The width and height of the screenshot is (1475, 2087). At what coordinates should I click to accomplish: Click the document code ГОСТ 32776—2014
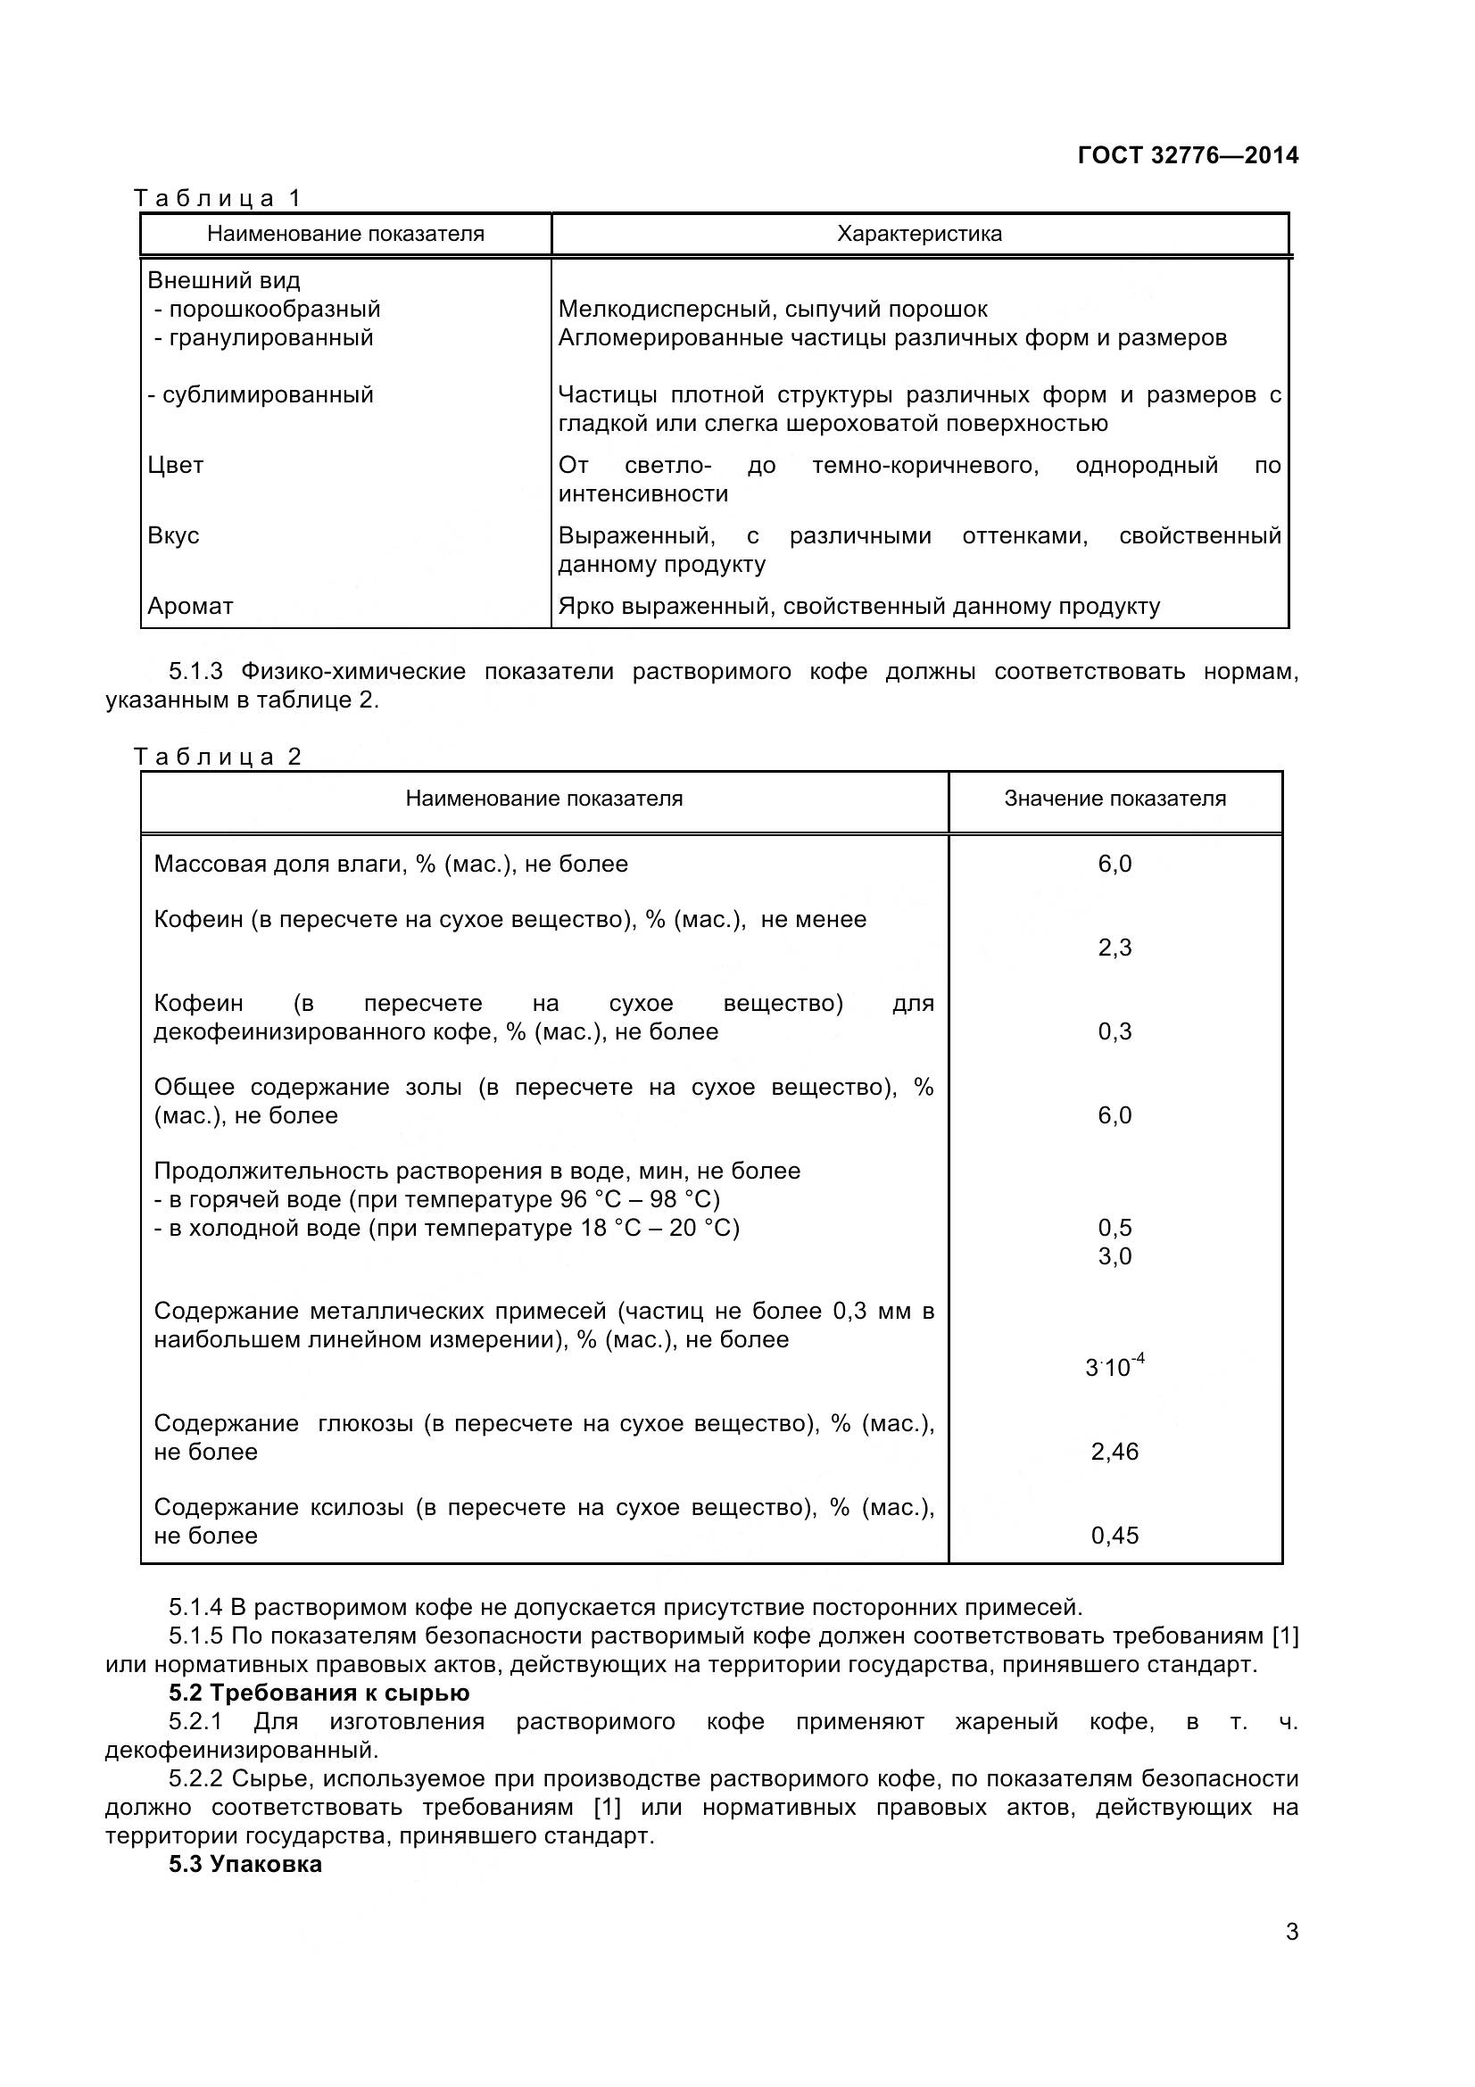(1187, 155)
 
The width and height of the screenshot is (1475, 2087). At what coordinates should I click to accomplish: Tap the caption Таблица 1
(217, 198)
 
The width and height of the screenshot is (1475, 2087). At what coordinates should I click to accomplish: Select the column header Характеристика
(919, 234)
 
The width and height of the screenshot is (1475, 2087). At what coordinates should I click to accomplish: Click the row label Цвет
(176, 466)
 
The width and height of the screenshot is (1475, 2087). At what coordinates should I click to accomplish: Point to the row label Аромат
(190, 606)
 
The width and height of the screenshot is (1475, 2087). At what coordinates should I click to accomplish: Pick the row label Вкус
(174, 535)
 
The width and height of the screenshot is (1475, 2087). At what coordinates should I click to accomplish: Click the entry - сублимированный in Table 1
(261, 395)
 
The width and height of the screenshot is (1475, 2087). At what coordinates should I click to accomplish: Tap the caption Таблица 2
(217, 758)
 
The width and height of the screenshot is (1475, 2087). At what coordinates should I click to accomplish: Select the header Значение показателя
(1115, 799)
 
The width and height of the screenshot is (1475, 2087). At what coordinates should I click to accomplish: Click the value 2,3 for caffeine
(1115, 948)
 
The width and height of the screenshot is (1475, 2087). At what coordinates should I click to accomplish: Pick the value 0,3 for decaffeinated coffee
(1115, 1031)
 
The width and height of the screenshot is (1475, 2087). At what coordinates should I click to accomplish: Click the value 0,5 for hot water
(1115, 1228)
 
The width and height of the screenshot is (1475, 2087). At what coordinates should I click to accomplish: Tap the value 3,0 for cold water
(1115, 1256)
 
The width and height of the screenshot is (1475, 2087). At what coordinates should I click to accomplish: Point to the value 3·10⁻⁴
(1115, 1366)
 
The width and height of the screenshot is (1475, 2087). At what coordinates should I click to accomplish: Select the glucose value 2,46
(1115, 1452)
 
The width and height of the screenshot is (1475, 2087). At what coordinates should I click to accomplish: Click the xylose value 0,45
(1115, 1536)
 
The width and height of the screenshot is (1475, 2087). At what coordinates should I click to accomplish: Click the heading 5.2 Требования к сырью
(319, 1693)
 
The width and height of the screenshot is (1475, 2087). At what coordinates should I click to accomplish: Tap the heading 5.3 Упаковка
(245, 1863)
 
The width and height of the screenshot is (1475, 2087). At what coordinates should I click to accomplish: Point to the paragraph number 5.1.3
(195, 672)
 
